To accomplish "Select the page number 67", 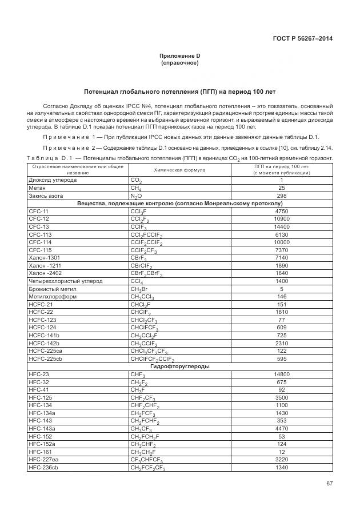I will [x=329, y=484].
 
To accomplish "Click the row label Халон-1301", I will [x=44, y=258].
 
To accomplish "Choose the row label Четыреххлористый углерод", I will [x=65, y=281].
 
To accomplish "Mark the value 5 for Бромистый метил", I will [x=281, y=289].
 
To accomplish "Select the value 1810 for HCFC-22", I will [x=281, y=313].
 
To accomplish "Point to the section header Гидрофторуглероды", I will [x=180, y=366].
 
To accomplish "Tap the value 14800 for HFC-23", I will [x=281, y=374].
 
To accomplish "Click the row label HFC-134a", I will [x=42, y=413].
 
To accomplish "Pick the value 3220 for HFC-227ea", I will [x=281, y=460].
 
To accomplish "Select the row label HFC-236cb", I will [x=43, y=468].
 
